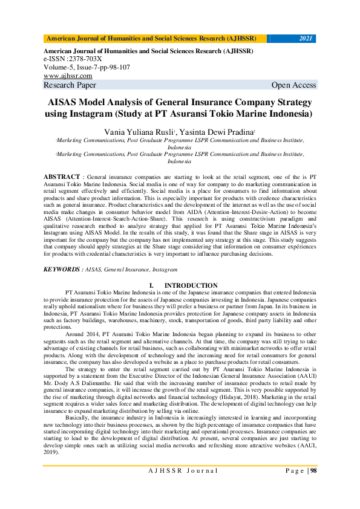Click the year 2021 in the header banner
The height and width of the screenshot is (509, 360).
pos(306,39)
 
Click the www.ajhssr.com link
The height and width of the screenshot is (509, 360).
pos(68,76)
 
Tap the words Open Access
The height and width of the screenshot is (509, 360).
pos(294,85)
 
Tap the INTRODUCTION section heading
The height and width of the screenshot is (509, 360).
pos(191,285)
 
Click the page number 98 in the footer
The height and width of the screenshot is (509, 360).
pos(313,488)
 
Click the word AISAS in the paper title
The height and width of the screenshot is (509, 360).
pos(65,101)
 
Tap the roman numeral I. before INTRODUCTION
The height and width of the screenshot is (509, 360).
pos(151,285)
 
